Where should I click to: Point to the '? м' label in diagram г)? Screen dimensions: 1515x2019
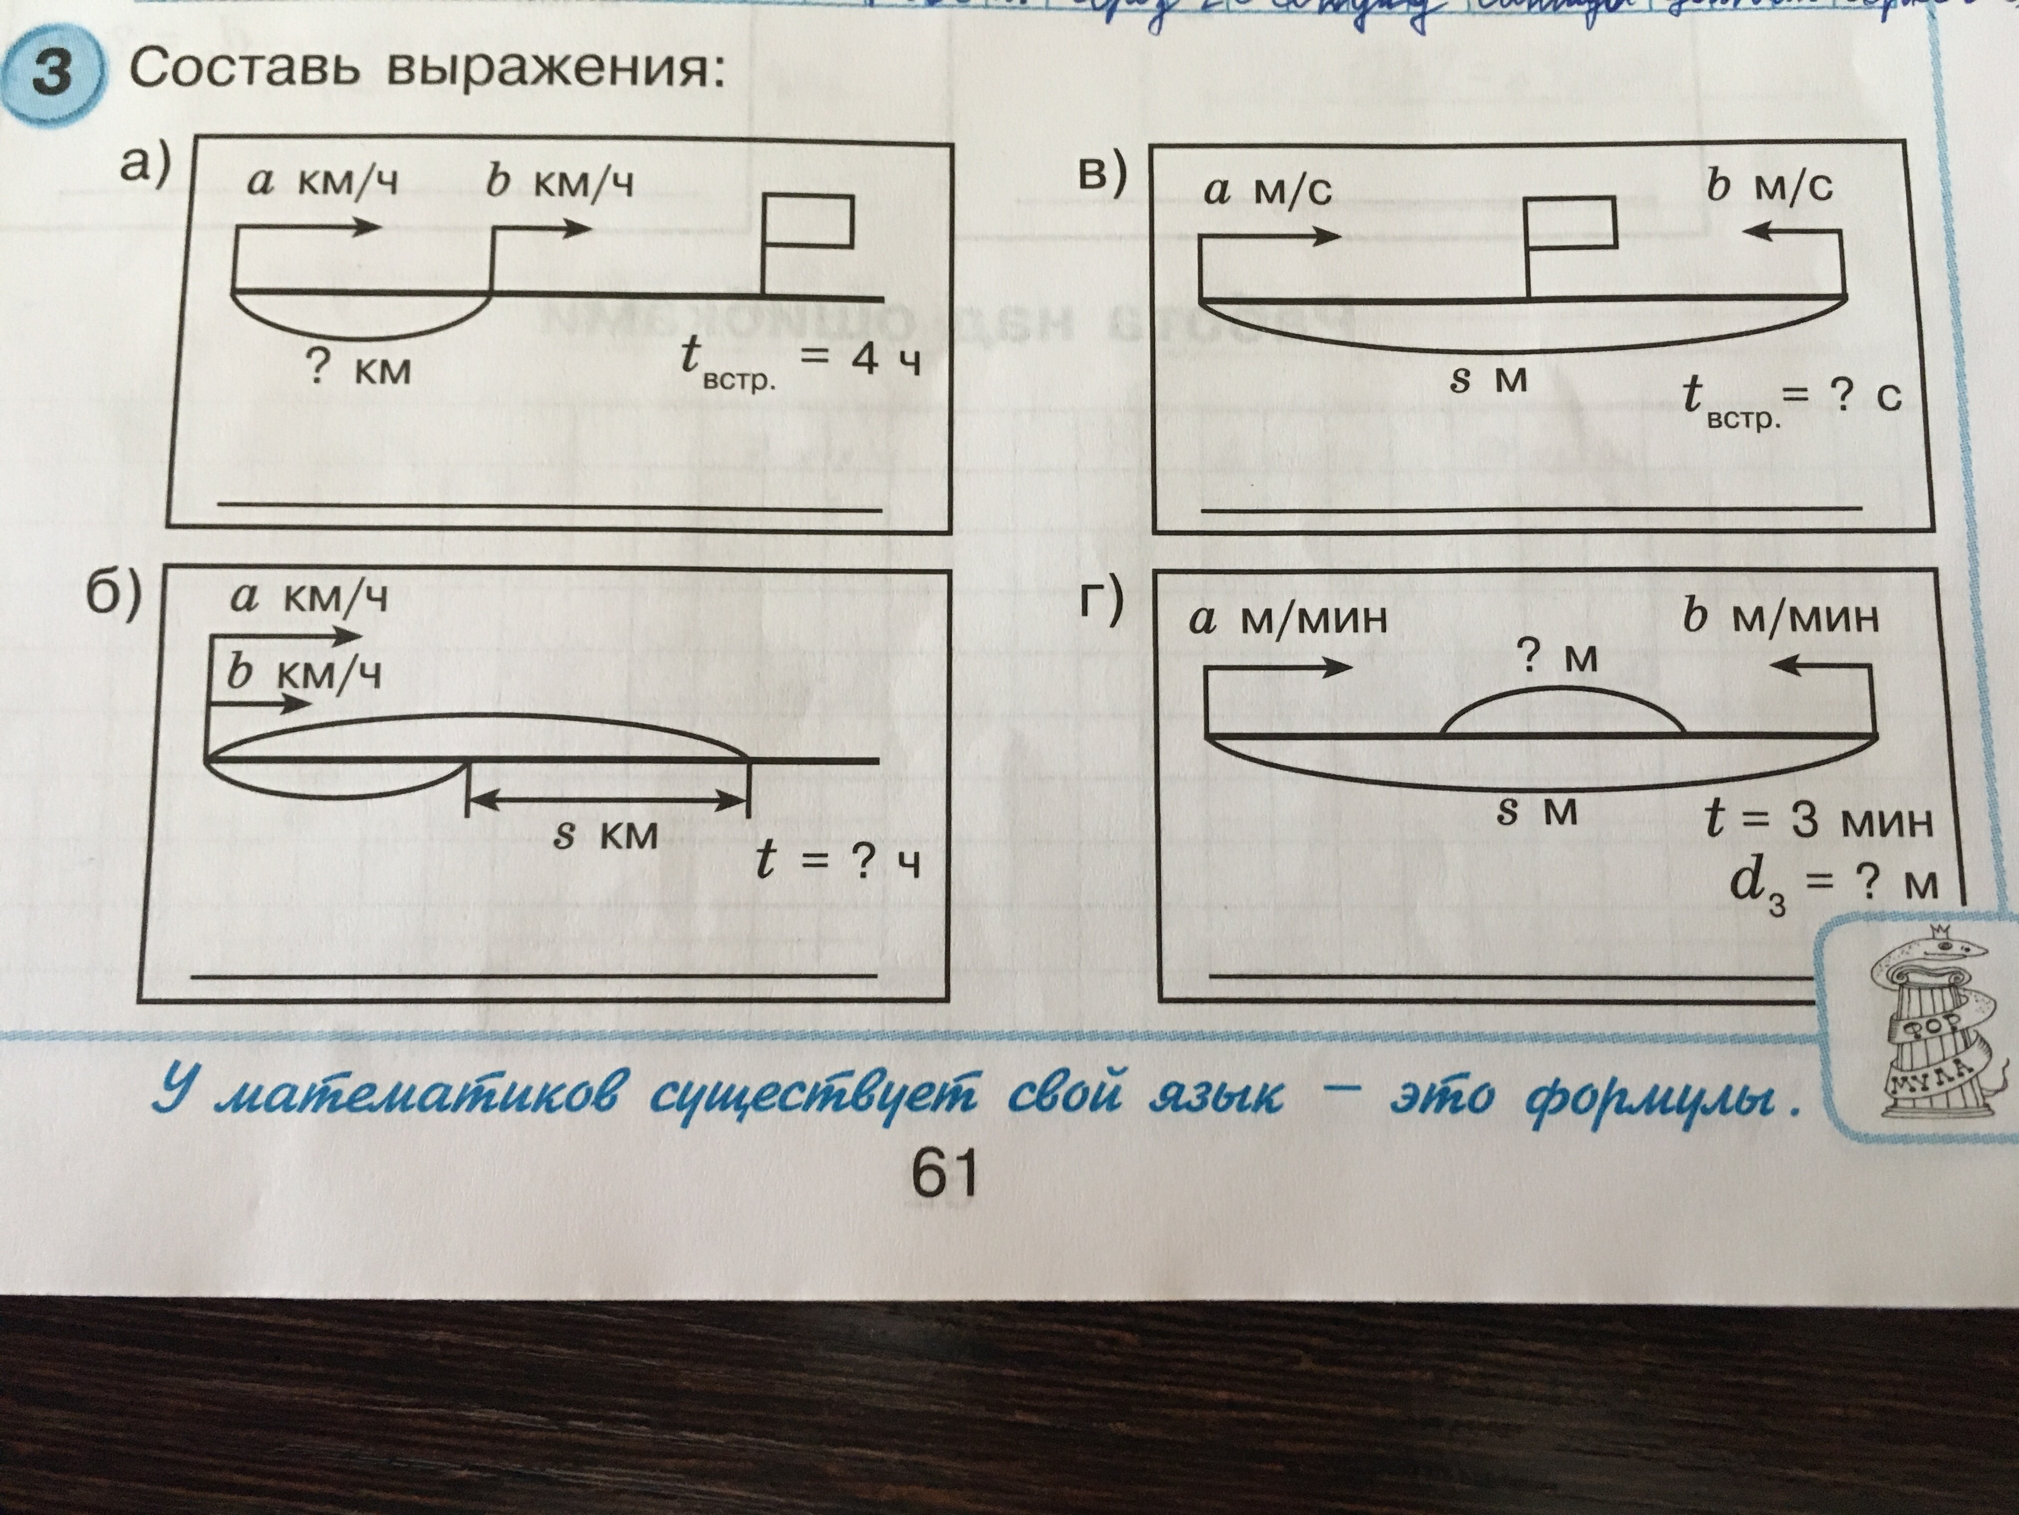click(x=1557, y=657)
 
